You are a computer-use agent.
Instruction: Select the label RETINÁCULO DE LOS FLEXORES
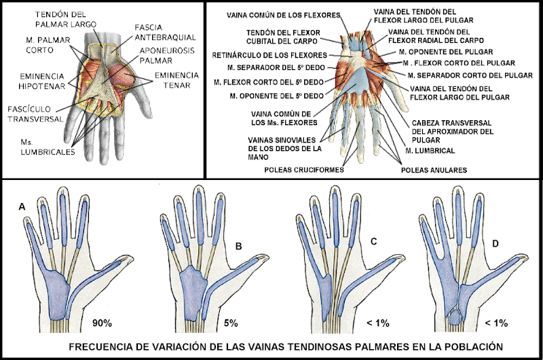pos(269,54)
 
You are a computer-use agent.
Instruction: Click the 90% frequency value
pos(104,323)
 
